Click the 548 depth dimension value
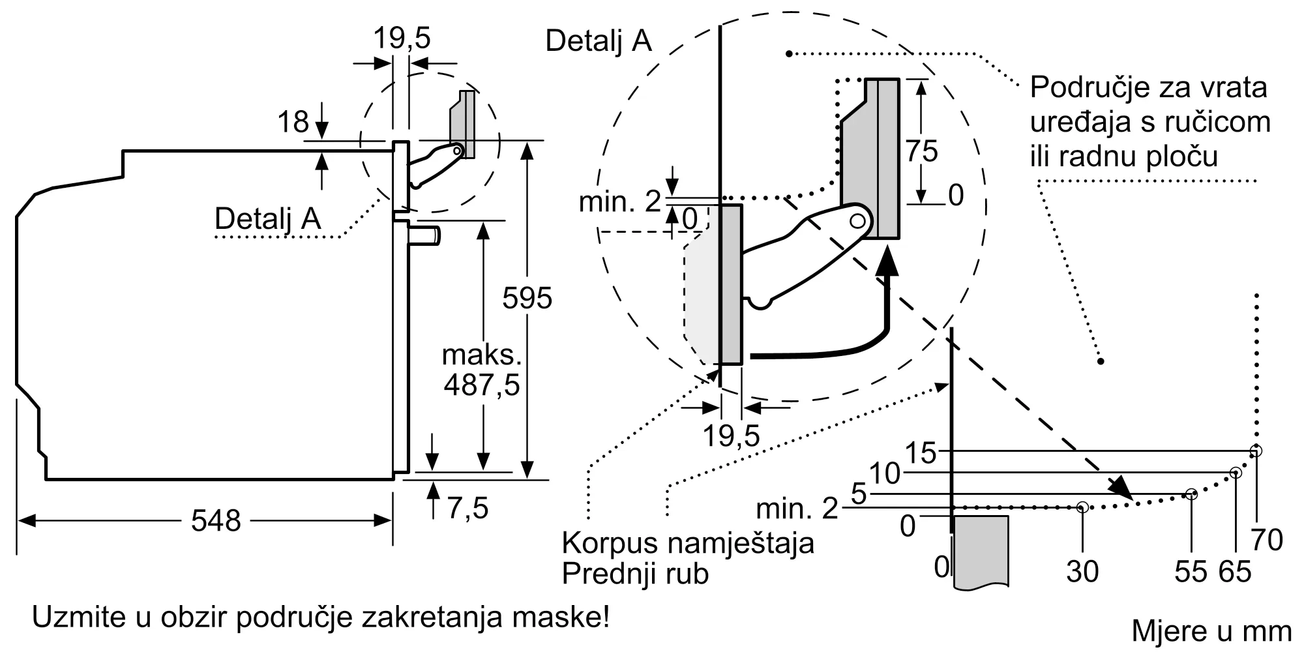(216, 521)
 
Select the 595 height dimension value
(527, 299)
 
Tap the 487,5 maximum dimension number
(482, 385)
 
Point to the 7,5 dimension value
(467, 508)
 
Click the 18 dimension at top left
(293, 122)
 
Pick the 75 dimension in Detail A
(921, 151)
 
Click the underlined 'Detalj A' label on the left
(267, 219)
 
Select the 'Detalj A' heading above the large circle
(598, 41)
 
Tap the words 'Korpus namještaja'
(688, 542)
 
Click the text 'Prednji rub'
(635, 574)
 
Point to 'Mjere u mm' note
(1211, 630)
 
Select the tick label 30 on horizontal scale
(1082, 572)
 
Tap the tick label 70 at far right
(1267, 540)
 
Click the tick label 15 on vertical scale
(921, 452)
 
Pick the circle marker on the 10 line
(1235, 473)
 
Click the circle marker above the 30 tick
(1082, 507)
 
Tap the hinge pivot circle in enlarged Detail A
(857, 221)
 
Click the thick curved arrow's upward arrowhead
(887, 264)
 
